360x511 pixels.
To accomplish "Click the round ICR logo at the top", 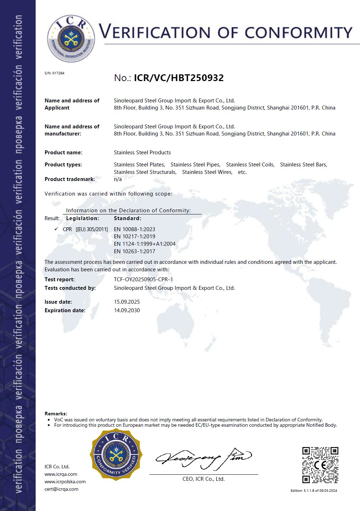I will click(71, 38).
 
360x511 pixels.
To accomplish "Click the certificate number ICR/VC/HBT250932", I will click(179, 78).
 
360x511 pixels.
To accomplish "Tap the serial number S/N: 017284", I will click(54, 73).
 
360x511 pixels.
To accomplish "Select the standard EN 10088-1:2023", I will click(134, 229).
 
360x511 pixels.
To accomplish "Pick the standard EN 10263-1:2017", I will click(134, 251).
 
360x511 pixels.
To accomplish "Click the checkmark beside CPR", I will click(56, 229).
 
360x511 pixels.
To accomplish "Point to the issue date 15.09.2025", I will click(127, 302).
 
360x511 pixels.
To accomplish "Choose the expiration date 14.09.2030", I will click(127, 310).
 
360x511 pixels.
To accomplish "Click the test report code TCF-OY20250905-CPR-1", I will click(143, 280).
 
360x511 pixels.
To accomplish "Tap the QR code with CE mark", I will click(320, 465).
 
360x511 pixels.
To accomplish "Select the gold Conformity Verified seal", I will click(116, 454).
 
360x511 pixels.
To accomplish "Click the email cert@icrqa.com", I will click(61, 489).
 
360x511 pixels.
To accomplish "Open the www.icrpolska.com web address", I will click(65, 481).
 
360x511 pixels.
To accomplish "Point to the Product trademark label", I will click(70, 179).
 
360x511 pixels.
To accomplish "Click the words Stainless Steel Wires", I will click(207, 172).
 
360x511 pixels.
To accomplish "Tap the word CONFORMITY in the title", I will click(298, 33).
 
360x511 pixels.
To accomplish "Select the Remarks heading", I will click(56, 414).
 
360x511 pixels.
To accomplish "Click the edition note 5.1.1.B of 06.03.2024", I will click(314, 491).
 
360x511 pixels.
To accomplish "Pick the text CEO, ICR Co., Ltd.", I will click(203, 479).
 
